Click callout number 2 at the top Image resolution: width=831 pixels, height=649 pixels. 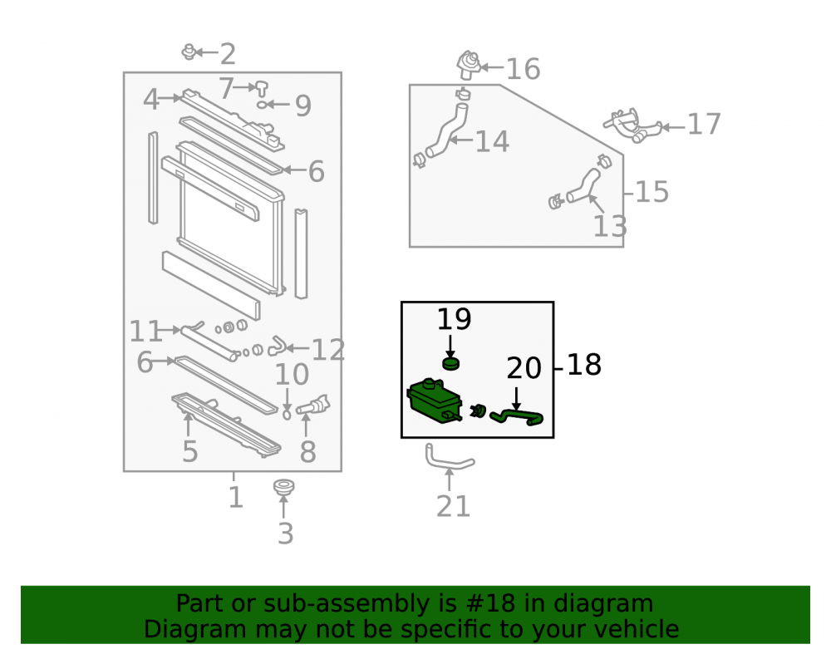[x=228, y=54]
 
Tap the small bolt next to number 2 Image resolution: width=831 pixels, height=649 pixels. [x=189, y=52]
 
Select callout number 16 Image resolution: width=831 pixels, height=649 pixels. [x=523, y=69]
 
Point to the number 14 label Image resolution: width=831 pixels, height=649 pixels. [x=492, y=142]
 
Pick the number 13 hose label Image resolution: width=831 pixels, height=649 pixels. [x=610, y=226]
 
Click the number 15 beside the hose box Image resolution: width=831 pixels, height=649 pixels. [x=652, y=192]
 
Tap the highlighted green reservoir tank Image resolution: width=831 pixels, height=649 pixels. [x=435, y=401]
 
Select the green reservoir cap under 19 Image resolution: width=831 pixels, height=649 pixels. [x=450, y=364]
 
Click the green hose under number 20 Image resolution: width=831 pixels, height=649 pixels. [x=516, y=417]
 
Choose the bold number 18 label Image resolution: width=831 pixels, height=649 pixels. [x=584, y=365]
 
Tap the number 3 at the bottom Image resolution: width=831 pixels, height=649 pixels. [x=286, y=533]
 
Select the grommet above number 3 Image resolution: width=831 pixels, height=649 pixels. [x=284, y=488]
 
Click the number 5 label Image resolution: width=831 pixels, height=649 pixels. [x=189, y=451]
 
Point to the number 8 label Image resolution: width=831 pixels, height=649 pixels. [x=308, y=452]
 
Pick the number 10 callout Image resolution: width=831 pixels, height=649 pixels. [x=292, y=375]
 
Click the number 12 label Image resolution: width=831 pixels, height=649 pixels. [x=328, y=350]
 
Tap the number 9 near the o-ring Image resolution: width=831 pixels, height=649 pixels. [x=303, y=106]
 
